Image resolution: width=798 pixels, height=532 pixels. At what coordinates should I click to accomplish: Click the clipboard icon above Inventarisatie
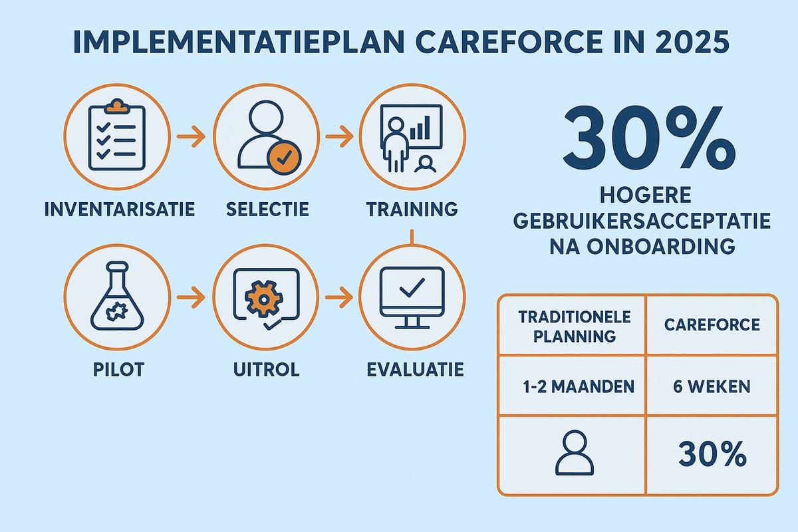116,136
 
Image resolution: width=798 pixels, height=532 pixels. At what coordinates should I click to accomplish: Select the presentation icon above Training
412,136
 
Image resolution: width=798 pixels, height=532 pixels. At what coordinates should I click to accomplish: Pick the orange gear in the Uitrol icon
260,297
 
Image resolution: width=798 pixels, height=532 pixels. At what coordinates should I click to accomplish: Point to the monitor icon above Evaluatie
412,297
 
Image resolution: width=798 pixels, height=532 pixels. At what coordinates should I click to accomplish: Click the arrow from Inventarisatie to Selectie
191,138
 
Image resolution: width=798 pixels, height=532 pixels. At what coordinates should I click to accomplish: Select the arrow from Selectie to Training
338,138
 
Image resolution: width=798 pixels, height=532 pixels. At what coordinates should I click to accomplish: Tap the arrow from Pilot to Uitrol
191,297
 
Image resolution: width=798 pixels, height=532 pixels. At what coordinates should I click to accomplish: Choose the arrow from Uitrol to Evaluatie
338,297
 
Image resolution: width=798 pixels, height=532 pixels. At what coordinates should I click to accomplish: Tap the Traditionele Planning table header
575,326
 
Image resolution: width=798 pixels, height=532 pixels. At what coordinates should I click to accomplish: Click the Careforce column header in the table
712,325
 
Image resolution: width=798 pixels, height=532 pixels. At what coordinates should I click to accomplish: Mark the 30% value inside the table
712,456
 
